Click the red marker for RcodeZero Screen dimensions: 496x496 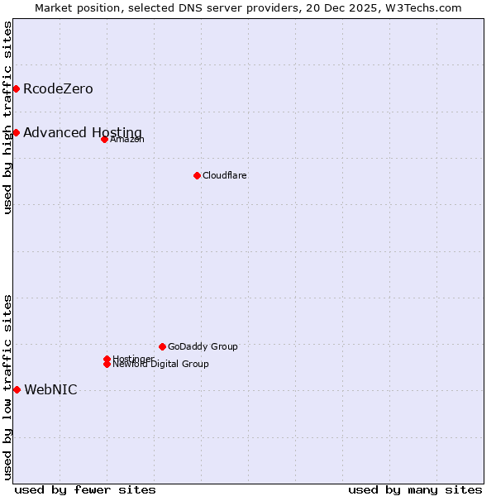16,88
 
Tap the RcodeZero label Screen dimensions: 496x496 58,89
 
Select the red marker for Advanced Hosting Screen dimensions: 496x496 16,132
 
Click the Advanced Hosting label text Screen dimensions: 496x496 83,133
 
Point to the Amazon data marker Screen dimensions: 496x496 104,139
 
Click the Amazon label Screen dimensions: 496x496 127,140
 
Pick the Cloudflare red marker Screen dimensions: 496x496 197,175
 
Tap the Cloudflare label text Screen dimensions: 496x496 225,176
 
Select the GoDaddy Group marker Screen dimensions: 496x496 162,346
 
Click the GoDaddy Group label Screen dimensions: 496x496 203,347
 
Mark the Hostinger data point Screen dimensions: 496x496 107,359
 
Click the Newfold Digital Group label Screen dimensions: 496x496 160,365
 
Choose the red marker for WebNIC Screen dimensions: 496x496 17,389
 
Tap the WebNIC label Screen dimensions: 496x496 50,390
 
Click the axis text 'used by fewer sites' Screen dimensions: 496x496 85,490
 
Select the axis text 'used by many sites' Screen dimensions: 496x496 415,490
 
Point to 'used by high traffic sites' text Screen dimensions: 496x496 8,117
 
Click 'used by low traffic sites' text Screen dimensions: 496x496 8,387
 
